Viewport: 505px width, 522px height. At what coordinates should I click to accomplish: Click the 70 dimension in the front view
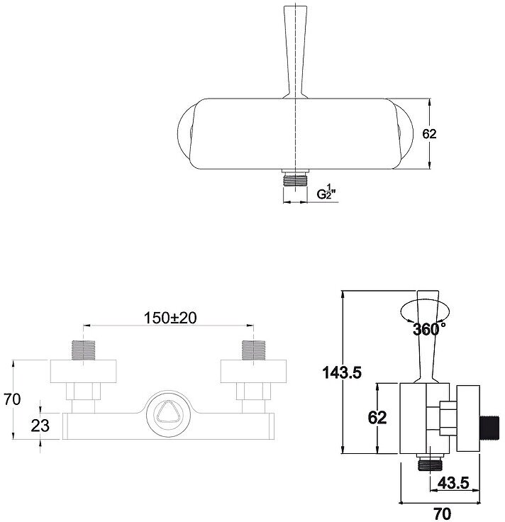click(x=12, y=399)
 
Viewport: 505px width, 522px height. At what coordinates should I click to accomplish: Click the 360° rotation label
click(x=428, y=329)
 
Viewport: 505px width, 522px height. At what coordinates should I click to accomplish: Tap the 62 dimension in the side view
click(x=377, y=417)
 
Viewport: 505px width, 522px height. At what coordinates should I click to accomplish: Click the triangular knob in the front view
click(x=167, y=416)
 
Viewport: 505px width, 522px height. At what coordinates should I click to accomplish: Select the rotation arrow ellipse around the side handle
click(x=424, y=312)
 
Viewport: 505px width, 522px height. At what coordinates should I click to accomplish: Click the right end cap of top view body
click(x=405, y=133)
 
